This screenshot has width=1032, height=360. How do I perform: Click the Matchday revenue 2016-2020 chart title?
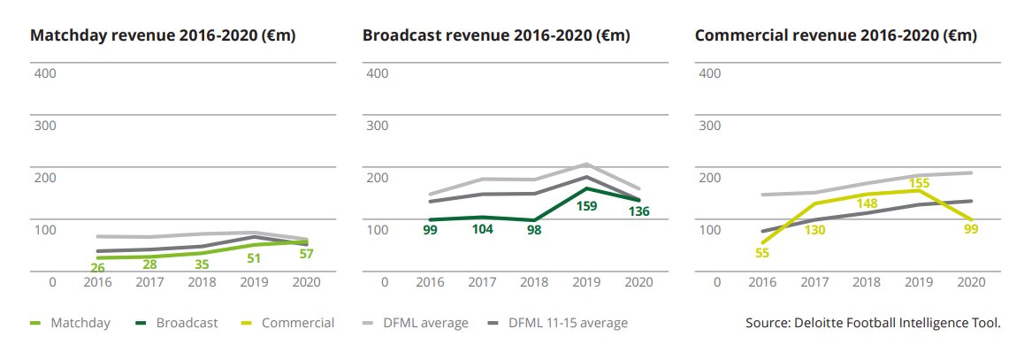pos(163,36)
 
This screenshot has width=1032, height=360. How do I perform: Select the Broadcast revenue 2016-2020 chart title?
pos(496,36)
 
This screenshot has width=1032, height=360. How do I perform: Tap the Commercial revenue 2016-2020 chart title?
pos(836,36)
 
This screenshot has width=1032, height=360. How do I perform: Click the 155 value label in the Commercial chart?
pos(919,183)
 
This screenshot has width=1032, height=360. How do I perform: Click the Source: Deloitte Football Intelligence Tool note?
pos(873,323)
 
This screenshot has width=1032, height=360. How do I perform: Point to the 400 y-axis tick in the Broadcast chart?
pos(377,73)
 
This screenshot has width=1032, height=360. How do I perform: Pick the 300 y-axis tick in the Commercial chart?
pos(709,125)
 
